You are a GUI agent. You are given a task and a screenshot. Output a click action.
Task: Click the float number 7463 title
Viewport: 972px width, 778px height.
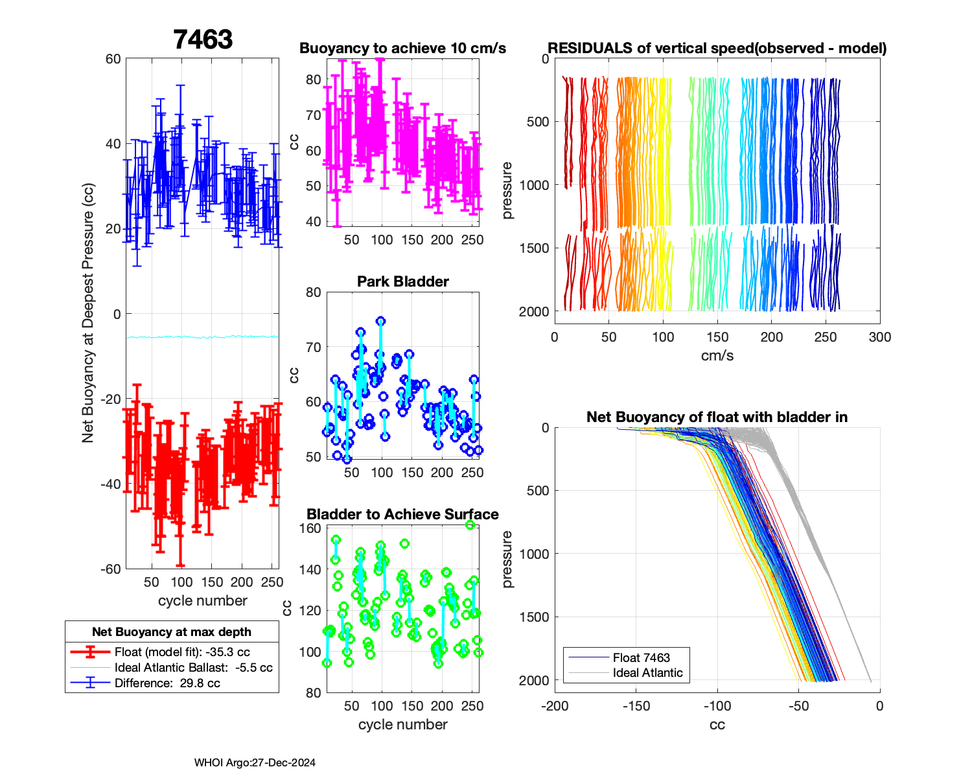(x=203, y=40)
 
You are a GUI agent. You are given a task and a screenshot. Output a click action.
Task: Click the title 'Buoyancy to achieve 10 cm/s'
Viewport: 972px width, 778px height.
(x=402, y=49)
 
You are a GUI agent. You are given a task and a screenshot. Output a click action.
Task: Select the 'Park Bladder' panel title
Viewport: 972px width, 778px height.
(x=402, y=281)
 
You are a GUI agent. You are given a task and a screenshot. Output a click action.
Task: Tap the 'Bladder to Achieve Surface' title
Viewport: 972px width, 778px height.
(x=402, y=514)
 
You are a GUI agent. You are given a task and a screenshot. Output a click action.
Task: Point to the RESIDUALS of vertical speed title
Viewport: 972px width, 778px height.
(x=717, y=49)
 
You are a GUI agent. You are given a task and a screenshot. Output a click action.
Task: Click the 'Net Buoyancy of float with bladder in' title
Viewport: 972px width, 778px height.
(x=717, y=418)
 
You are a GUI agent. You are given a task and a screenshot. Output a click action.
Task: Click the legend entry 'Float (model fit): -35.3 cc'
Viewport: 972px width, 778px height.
(x=182, y=652)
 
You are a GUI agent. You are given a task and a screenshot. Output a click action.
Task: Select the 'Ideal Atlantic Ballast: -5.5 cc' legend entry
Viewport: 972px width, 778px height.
(x=193, y=668)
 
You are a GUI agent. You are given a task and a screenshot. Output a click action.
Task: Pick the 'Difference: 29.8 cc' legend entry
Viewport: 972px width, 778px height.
(x=167, y=683)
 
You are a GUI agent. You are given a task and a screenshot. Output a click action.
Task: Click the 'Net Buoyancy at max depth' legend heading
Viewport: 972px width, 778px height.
(x=172, y=632)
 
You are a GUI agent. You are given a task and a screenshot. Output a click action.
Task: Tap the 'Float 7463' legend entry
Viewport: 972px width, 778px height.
(x=641, y=658)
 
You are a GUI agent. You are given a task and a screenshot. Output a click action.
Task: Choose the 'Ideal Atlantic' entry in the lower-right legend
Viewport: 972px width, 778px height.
(x=647, y=673)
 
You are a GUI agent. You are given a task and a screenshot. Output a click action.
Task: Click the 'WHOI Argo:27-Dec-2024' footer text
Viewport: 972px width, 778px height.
(x=255, y=763)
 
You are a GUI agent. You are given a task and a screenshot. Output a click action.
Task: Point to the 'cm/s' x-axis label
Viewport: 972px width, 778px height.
(x=717, y=356)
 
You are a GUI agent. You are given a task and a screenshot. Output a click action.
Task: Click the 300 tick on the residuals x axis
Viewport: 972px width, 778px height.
(x=879, y=337)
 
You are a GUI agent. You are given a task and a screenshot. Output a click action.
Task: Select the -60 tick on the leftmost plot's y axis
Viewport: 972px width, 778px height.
(x=113, y=569)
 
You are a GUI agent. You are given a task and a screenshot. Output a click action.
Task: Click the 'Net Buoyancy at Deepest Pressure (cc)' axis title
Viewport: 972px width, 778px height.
(x=88, y=314)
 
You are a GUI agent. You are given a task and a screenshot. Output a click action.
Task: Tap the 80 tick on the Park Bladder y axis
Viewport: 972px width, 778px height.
(x=314, y=292)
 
